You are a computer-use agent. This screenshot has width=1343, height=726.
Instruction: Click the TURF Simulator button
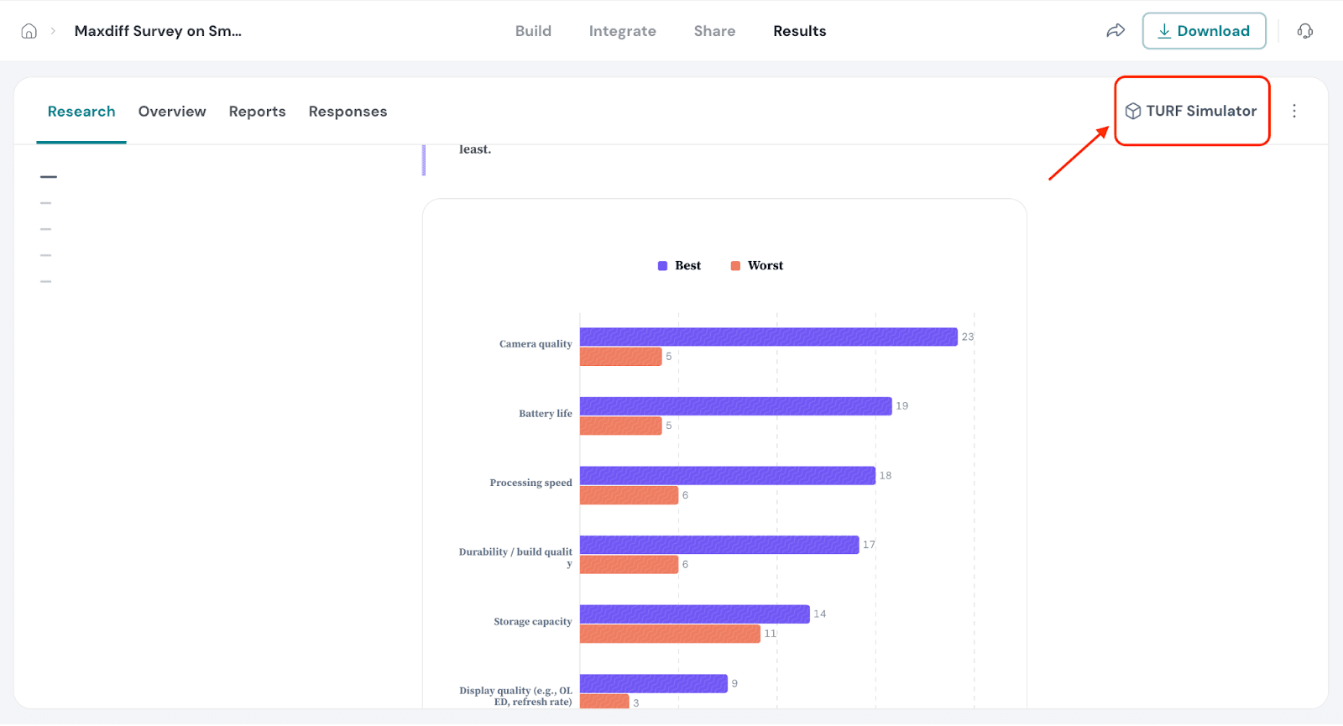pyautogui.click(x=1191, y=111)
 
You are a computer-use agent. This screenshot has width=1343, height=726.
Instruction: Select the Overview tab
pyautogui.click(x=172, y=112)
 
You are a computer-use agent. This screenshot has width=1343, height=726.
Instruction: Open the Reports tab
pyautogui.click(x=257, y=112)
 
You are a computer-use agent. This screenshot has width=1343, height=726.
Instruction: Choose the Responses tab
pyautogui.click(x=348, y=112)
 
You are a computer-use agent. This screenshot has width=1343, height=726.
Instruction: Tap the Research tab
pyautogui.click(x=81, y=112)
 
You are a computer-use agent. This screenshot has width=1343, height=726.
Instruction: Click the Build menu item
pyautogui.click(x=533, y=31)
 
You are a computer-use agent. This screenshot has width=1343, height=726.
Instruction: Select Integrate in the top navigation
pyautogui.click(x=622, y=31)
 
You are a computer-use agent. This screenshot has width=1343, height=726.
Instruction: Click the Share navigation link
pyautogui.click(x=714, y=31)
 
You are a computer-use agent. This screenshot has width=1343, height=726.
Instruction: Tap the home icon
pyautogui.click(x=29, y=31)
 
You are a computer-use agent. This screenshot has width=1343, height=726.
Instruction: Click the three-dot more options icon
pyautogui.click(x=1294, y=111)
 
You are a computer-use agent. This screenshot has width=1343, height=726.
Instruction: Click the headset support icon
pyautogui.click(x=1304, y=31)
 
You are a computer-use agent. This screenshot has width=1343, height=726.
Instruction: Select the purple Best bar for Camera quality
pyautogui.click(x=768, y=337)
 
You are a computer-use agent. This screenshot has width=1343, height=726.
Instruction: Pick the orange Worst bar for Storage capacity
pyautogui.click(x=670, y=634)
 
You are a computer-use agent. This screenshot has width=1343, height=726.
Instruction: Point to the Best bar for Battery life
pyautogui.click(x=735, y=406)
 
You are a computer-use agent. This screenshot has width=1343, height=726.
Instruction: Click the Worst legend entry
pyautogui.click(x=757, y=265)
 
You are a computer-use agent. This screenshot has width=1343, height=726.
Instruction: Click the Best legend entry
pyautogui.click(x=680, y=265)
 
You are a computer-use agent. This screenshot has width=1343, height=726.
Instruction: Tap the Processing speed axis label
pyautogui.click(x=530, y=483)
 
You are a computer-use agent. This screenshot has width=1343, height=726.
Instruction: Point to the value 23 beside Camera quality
pyautogui.click(x=968, y=337)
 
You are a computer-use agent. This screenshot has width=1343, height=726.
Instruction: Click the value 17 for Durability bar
pyautogui.click(x=869, y=545)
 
